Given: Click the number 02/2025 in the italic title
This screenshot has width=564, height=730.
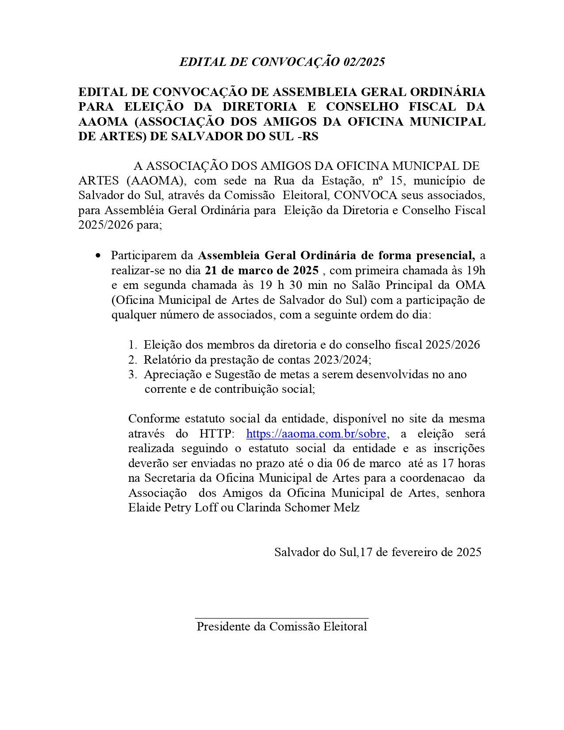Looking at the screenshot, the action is pos(364,62).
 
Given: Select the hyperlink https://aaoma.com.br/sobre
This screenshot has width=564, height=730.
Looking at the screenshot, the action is pos(316,434).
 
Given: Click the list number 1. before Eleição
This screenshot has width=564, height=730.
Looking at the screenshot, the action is pos(133,345).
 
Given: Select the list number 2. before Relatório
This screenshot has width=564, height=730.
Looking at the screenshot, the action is pos(133,360).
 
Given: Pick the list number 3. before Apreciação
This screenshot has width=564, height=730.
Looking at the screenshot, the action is pos(133,375).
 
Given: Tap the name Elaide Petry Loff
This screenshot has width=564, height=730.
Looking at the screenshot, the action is pos(173,507).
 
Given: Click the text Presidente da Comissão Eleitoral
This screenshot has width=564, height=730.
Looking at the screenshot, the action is pos(282,626).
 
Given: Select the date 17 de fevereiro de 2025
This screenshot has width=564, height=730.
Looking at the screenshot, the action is pos(421,552).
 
